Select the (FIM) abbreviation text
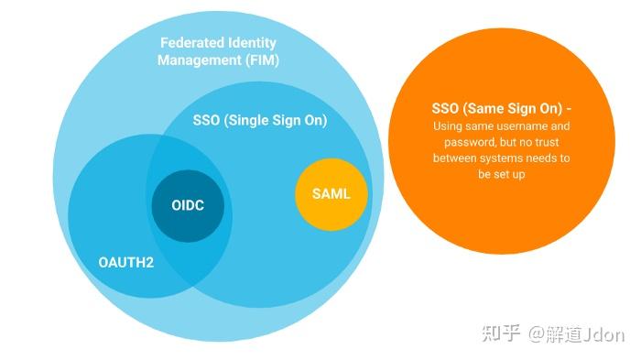(x=260, y=60)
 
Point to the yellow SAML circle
(x=331, y=194)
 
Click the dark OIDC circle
(x=188, y=205)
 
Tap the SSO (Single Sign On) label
(x=260, y=120)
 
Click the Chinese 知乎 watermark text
(x=502, y=333)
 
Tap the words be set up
(x=501, y=173)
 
